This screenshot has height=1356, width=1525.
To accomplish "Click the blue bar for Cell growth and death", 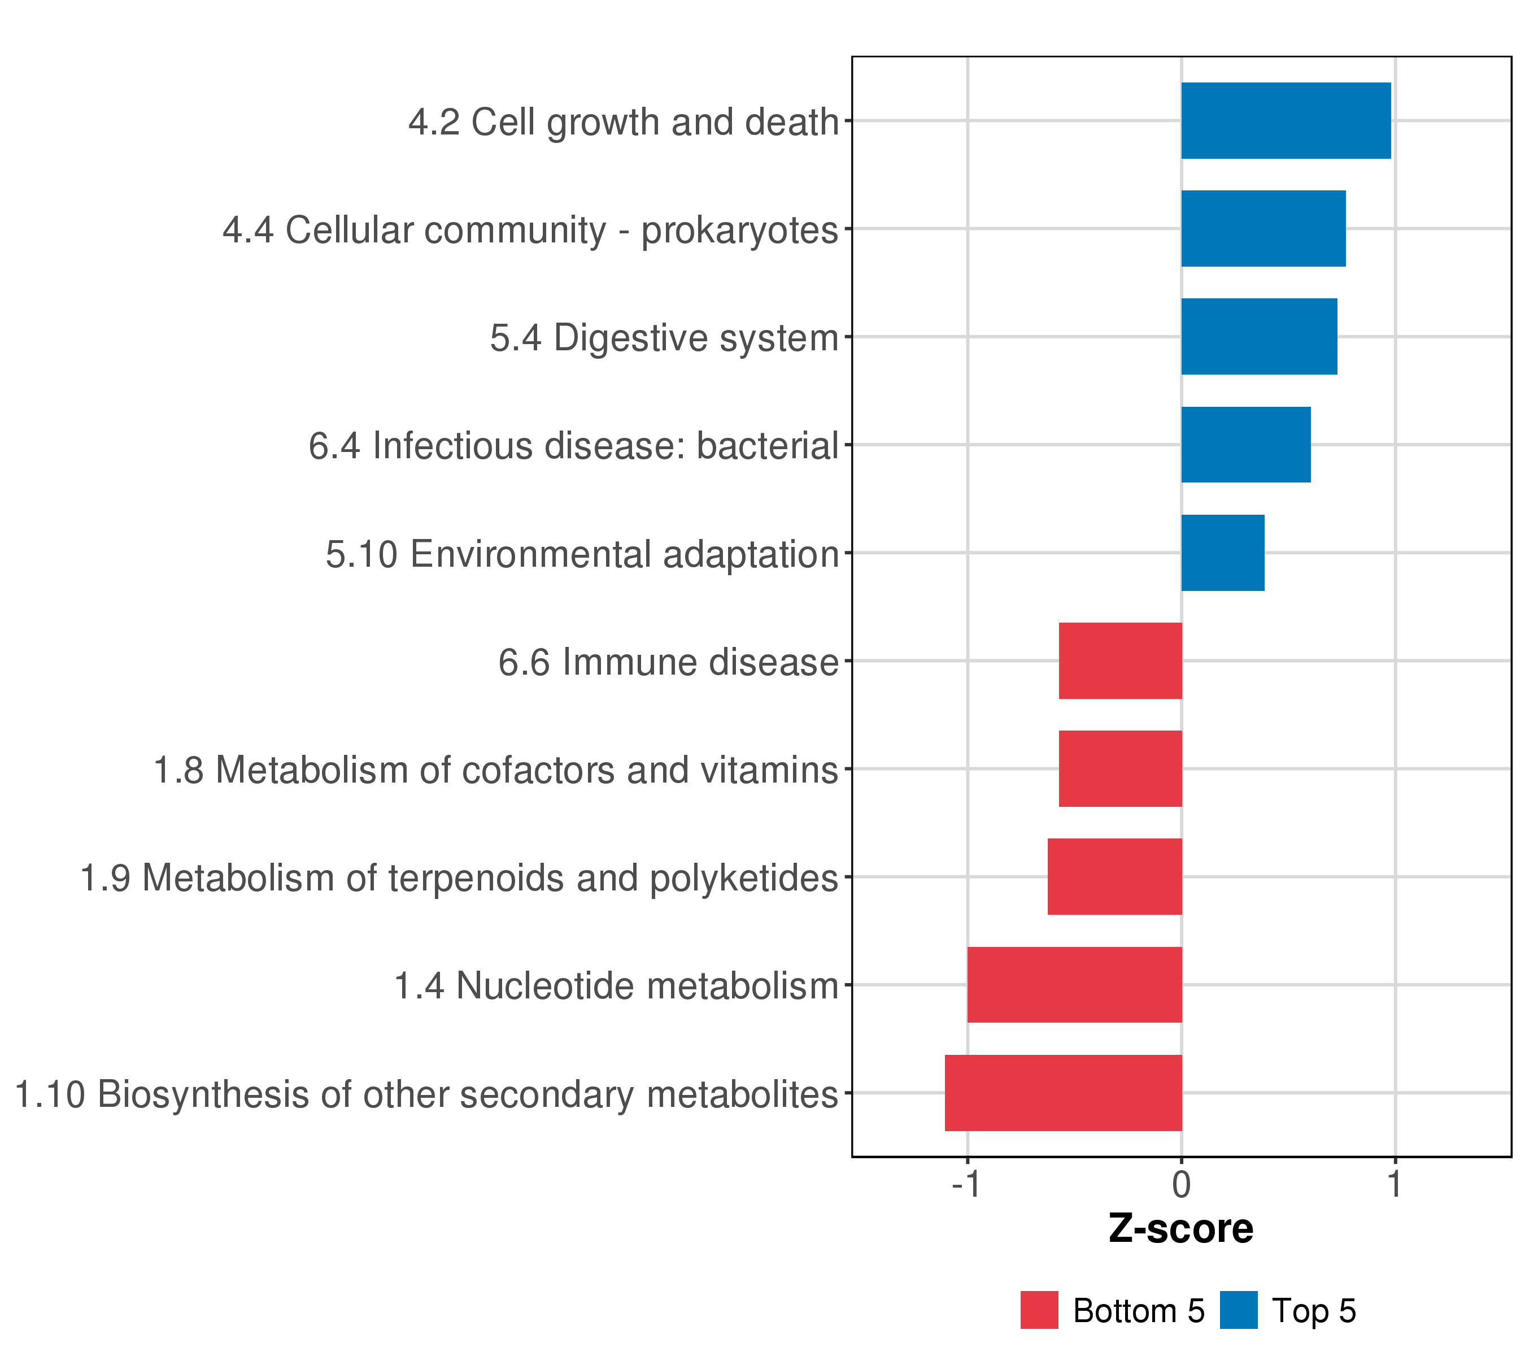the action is [x=1286, y=121].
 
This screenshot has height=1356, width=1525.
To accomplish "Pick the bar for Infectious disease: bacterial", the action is [x=1246, y=445].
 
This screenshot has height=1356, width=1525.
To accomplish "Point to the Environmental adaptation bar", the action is [x=1223, y=553].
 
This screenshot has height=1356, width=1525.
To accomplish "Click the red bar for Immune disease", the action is [x=1120, y=660].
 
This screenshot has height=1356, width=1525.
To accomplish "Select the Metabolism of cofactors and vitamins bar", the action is [x=1120, y=768].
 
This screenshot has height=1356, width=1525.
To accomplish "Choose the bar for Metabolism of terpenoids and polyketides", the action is [x=1114, y=877].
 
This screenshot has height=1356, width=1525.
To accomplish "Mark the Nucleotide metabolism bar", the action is [x=1074, y=985].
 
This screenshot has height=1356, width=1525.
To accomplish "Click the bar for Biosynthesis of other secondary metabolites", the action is [x=1063, y=1093].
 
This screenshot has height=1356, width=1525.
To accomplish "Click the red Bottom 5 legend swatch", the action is [x=1039, y=1310].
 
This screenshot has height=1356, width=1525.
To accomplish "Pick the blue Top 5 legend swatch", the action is [x=1239, y=1310].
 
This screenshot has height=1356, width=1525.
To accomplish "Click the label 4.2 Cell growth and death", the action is [x=624, y=123].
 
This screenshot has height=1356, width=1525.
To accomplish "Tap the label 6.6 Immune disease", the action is [x=669, y=662].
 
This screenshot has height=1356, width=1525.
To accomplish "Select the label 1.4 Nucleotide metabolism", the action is [x=616, y=986].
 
